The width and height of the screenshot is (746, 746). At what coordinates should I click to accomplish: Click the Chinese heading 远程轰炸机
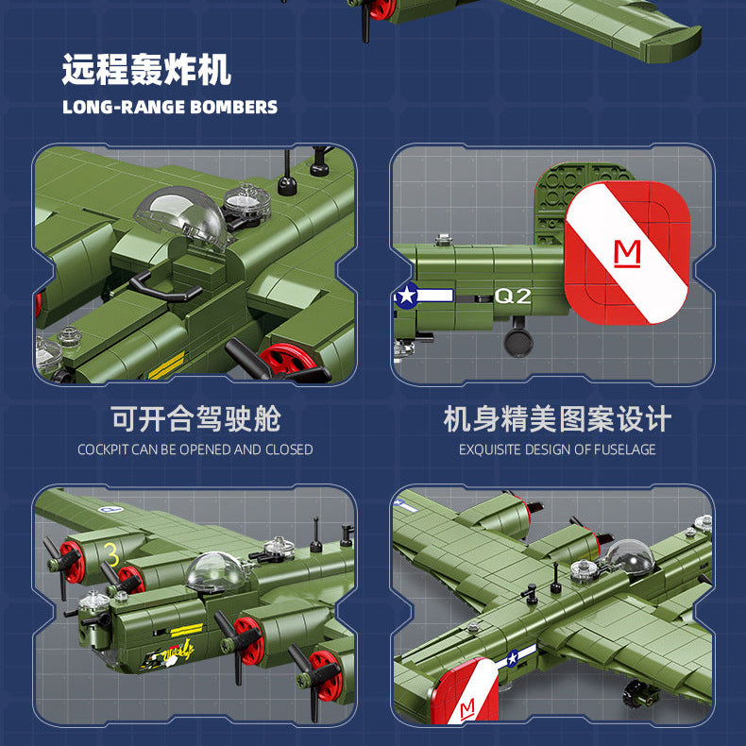[x=146, y=71]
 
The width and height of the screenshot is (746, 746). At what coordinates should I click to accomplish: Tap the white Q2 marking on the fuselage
[x=514, y=296]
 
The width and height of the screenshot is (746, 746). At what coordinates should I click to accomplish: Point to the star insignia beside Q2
[x=407, y=296]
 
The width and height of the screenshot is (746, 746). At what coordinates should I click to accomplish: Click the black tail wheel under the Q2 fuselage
[x=518, y=342]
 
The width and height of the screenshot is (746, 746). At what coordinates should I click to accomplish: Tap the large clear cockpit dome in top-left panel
[x=182, y=218]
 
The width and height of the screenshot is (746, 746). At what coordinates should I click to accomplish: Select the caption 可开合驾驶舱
[x=195, y=419]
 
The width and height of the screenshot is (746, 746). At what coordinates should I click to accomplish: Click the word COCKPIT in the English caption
[x=104, y=449]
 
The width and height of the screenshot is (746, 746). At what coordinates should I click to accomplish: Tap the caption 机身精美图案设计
[x=557, y=419]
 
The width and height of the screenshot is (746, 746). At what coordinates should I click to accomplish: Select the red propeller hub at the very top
[x=381, y=8]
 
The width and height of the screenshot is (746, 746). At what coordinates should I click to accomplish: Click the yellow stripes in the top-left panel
[x=166, y=364]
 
